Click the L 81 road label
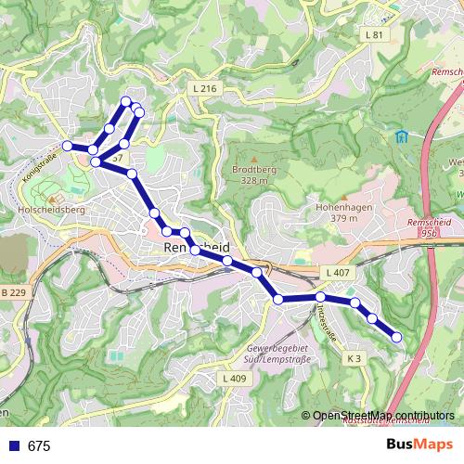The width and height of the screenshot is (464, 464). click(374, 34)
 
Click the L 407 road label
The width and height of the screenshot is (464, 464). click(338, 272)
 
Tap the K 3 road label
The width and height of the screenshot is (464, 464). click(354, 358)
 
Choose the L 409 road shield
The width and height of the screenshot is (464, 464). click(234, 379)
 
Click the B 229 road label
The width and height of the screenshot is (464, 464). click(12, 293)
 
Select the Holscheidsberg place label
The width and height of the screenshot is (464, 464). click(51, 211)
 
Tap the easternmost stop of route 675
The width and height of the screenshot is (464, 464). click(397, 337)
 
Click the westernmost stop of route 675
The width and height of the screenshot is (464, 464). click(68, 146)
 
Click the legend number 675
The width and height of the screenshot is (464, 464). click(39, 446)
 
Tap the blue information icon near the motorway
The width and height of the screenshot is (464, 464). click(401, 137)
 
